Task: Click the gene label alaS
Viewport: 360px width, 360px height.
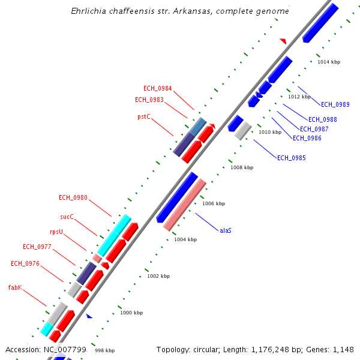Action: pyautogui.click(x=226, y=230)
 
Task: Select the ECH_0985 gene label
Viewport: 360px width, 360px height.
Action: pyautogui.click(x=291, y=158)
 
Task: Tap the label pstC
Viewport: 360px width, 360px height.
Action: pyautogui.click(x=144, y=116)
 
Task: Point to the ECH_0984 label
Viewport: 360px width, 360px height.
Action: pyautogui.click(x=157, y=89)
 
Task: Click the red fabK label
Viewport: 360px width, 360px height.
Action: pyautogui.click(x=15, y=287)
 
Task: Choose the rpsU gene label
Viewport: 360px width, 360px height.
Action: pyautogui.click(x=56, y=231)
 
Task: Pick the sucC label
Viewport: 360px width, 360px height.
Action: pyautogui.click(x=67, y=217)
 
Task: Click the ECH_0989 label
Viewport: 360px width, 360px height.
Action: pyautogui.click(x=335, y=105)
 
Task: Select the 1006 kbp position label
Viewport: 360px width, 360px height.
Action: pyautogui.click(x=213, y=204)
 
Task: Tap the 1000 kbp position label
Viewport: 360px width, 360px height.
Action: pyautogui.click(x=131, y=313)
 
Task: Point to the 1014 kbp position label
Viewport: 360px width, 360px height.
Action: pyautogui.click(x=329, y=62)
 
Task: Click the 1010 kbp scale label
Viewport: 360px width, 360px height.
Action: pyautogui.click(x=269, y=132)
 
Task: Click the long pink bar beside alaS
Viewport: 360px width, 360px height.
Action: pyautogui.click(x=185, y=205)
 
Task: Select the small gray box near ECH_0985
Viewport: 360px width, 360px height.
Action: pyautogui.click(x=242, y=130)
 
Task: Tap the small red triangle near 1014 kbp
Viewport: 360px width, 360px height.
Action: pyautogui.click(x=283, y=41)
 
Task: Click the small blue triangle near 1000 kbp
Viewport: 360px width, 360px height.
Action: pyautogui.click(x=89, y=316)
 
